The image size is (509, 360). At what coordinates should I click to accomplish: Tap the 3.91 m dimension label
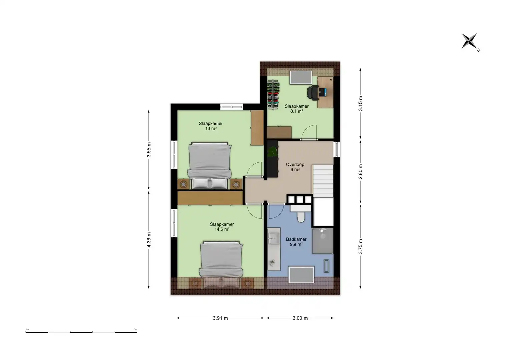(220, 318)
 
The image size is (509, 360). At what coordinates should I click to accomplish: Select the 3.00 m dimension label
(300, 318)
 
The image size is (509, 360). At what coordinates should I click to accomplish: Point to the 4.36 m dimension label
(149, 240)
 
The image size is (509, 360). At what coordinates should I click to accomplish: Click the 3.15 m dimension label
(360, 103)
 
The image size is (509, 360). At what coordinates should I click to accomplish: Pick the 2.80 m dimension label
(360, 172)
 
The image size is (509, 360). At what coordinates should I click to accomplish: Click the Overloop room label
(295, 164)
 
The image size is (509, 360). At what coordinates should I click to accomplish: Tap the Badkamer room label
(296, 239)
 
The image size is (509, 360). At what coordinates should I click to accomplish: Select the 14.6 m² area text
(222, 229)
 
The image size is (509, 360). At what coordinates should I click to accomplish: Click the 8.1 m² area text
(297, 111)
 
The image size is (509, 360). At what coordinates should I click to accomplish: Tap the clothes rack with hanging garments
(273, 95)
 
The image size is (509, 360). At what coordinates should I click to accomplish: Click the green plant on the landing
(272, 151)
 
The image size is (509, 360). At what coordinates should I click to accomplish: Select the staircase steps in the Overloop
(323, 181)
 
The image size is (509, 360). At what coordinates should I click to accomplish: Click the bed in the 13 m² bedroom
(209, 166)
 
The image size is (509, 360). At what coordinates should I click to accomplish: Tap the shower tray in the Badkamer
(323, 241)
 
